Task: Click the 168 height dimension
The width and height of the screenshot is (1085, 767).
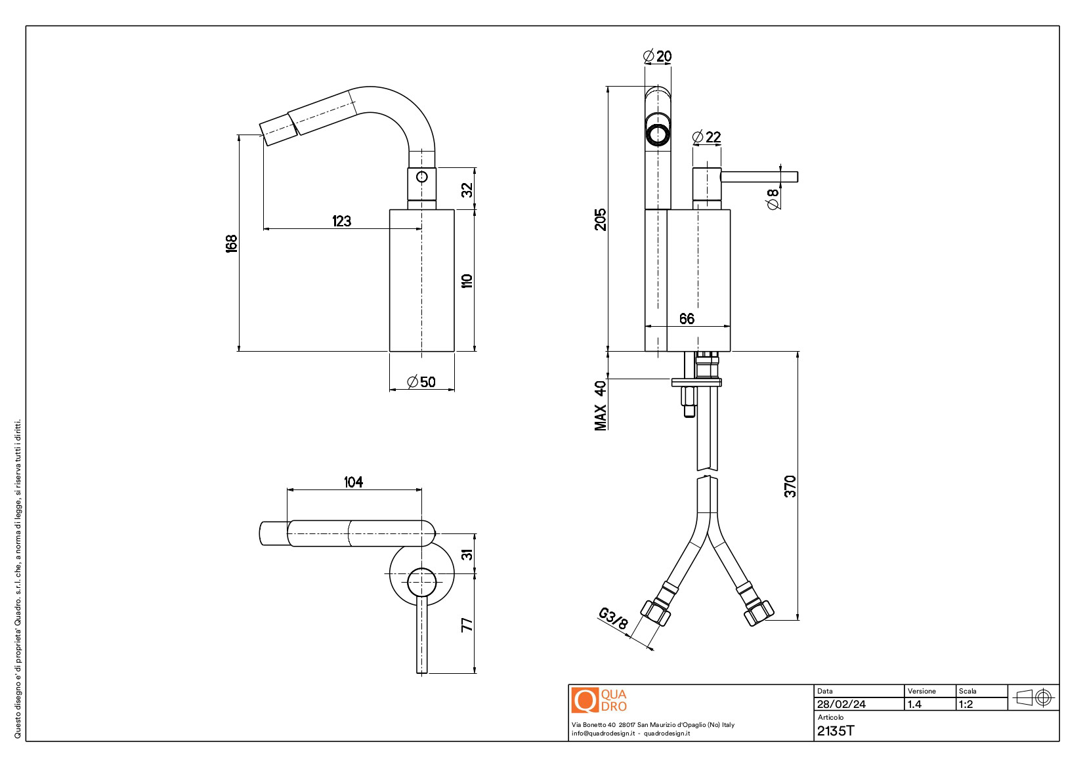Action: pyautogui.click(x=231, y=243)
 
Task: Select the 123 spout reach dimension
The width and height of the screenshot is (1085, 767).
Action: pyautogui.click(x=341, y=221)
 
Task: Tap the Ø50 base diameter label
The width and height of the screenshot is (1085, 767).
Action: pyautogui.click(x=421, y=382)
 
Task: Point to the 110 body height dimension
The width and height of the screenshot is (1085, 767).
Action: pyautogui.click(x=467, y=281)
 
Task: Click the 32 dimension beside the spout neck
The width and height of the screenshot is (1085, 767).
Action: pyautogui.click(x=467, y=190)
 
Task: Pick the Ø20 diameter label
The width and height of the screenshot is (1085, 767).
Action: pyautogui.click(x=657, y=56)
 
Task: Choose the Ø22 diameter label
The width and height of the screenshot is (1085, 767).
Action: pyautogui.click(x=706, y=137)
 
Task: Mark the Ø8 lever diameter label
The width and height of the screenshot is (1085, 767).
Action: pyautogui.click(x=773, y=199)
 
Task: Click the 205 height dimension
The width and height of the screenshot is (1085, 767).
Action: pyautogui.click(x=601, y=220)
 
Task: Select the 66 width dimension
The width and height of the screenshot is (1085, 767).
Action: pyautogui.click(x=687, y=319)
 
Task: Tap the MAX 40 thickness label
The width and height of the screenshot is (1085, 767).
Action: pyautogui.click(x=601, y=405)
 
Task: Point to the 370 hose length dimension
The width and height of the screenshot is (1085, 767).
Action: pyautogui.click(x=790, y=486)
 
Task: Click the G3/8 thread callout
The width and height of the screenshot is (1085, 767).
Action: pyautogui.click(x=613, y=619)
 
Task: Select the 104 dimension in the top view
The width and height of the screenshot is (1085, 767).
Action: pyautogui.click(x=353, y=482)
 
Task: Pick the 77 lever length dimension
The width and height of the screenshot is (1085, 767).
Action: pyautogui.click(x=467, y=625)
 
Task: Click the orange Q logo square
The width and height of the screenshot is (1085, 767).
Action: pyautogui.click(x=584, y=700)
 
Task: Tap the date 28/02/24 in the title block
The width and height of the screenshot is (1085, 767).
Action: pyautogui.click(x=841, y=704)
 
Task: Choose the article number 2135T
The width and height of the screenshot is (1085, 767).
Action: pyautogui.click(x=836, y=731)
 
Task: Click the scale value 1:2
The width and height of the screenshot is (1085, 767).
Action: pyautogui.click(x=966, y=704)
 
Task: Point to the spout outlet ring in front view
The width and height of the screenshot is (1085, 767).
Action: pyautogui.click(x=657, y=135)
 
